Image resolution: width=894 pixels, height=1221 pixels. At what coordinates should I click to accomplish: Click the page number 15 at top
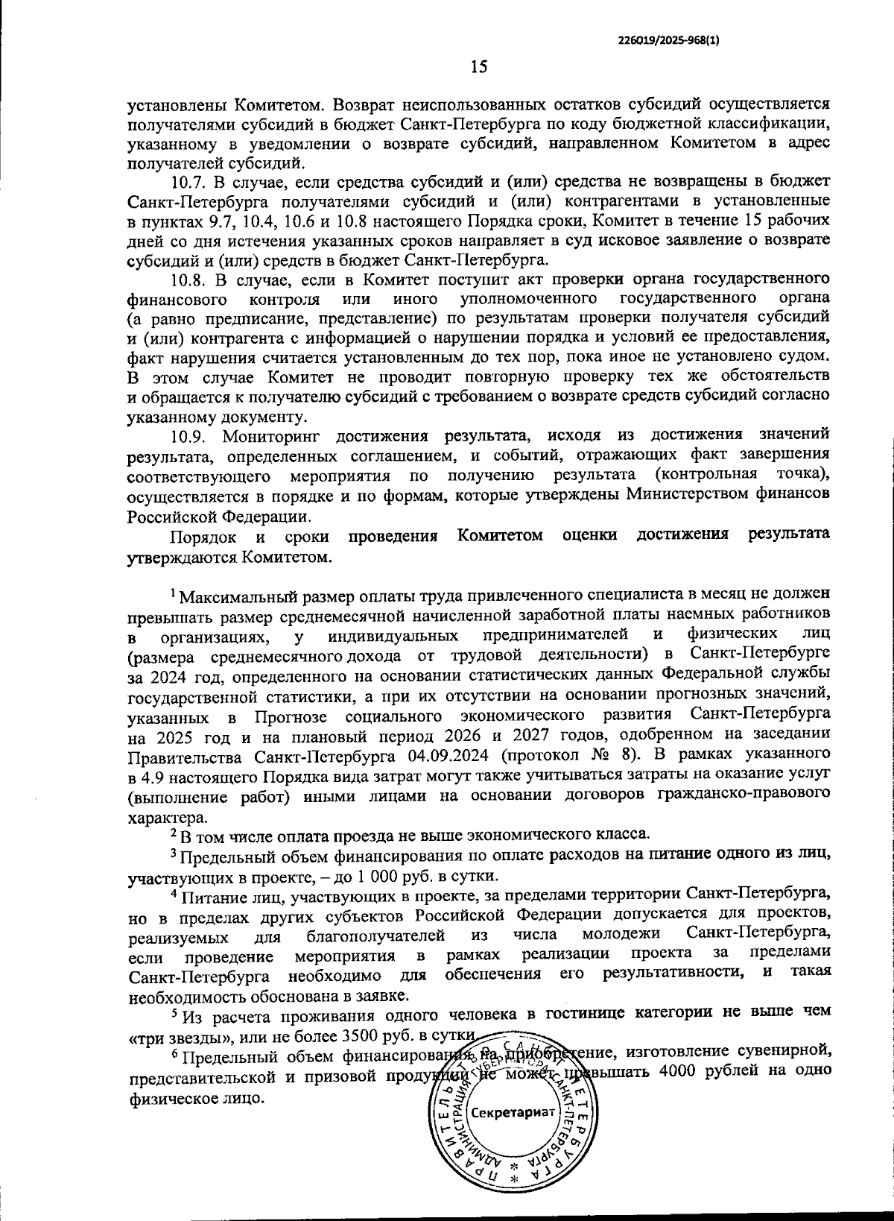[478, 68]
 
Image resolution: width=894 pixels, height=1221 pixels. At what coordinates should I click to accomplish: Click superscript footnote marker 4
[173, 892]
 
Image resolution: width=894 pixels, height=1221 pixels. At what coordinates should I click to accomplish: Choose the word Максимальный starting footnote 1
[235, 596]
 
